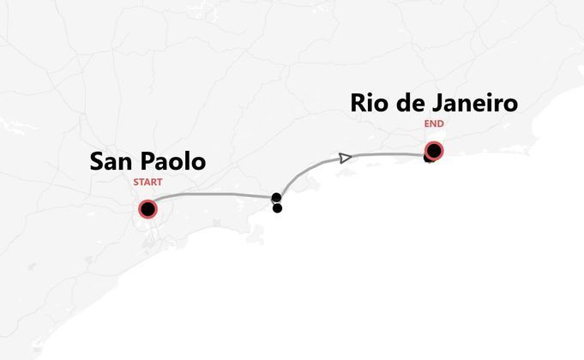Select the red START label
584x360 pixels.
tap(148, 182)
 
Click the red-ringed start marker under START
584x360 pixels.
tap(148, 209)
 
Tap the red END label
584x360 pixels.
tap(434, 123)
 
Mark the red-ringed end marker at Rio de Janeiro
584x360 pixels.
tap(434, 152)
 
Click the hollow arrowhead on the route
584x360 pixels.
tap(345, 158)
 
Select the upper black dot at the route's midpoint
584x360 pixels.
tap(276, 198)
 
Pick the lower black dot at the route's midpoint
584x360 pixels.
tap(277, 207)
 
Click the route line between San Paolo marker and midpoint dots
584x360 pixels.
tap(214, 195)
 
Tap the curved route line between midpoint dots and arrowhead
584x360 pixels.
tap(304, 172)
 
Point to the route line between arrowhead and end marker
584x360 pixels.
tap(386, 155)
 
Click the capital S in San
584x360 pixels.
tap(98, 161)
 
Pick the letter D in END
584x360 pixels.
tap(440, 123)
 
